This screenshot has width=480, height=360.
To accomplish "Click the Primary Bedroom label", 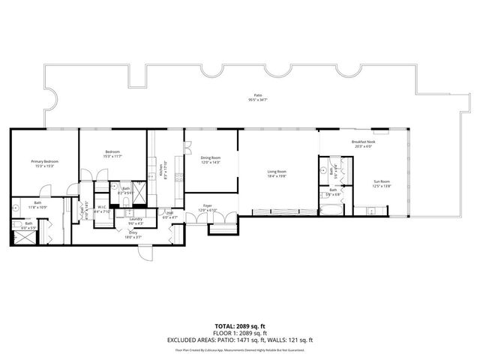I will coord(44,162).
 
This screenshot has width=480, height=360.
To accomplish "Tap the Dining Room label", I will coord(210,158).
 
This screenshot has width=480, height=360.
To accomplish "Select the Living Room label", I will coord(277,172).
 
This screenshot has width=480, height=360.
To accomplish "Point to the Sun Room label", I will coord(382,181).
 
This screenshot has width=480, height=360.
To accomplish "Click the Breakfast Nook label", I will coord(363,142).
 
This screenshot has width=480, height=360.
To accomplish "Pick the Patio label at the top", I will coord(257,95).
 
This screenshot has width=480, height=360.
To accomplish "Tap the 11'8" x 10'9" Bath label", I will coord(37,205).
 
